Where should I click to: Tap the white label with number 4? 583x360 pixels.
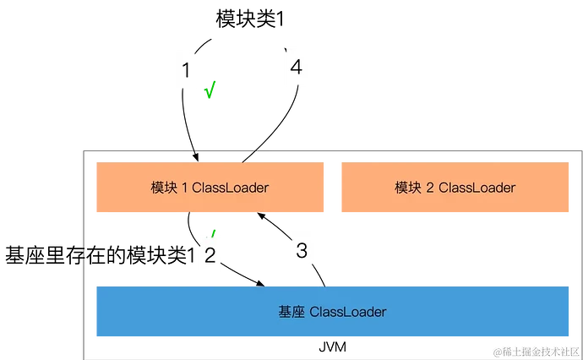click(295, 67)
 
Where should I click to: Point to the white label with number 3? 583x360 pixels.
click(301, 250)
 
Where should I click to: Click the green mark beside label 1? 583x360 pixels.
click(210, 89)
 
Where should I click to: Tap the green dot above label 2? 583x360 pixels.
click(214, 231)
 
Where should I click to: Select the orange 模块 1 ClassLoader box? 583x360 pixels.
click(210, 187)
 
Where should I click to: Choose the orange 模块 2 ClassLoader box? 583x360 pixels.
click(455, 187)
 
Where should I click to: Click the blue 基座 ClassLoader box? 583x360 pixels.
click(333, 312)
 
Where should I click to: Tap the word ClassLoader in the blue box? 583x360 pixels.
click(348, 312)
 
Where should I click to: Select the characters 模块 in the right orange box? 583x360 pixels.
click(408, 188)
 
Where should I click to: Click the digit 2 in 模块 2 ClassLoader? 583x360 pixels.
click(430, 188)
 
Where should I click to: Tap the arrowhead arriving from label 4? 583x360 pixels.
click(245, 157)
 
